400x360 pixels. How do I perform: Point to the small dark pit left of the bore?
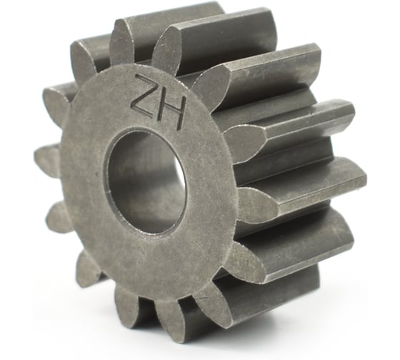[97, 174]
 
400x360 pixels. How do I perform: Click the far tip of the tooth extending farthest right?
[365, 179]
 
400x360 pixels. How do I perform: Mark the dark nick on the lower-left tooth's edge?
[97, 275]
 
